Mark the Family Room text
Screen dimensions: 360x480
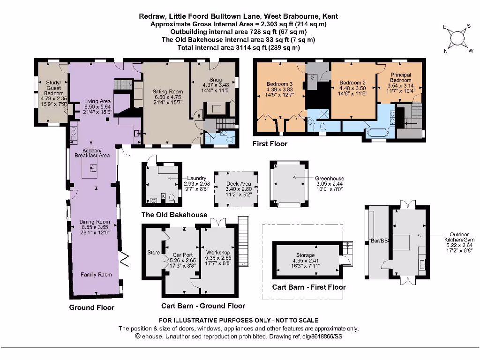point(96,275)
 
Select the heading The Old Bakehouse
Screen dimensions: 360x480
point(174,215)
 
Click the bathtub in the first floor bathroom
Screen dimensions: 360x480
point(378,133)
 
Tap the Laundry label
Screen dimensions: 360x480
point(196,178)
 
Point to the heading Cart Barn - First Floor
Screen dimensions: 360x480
point(309,287)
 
